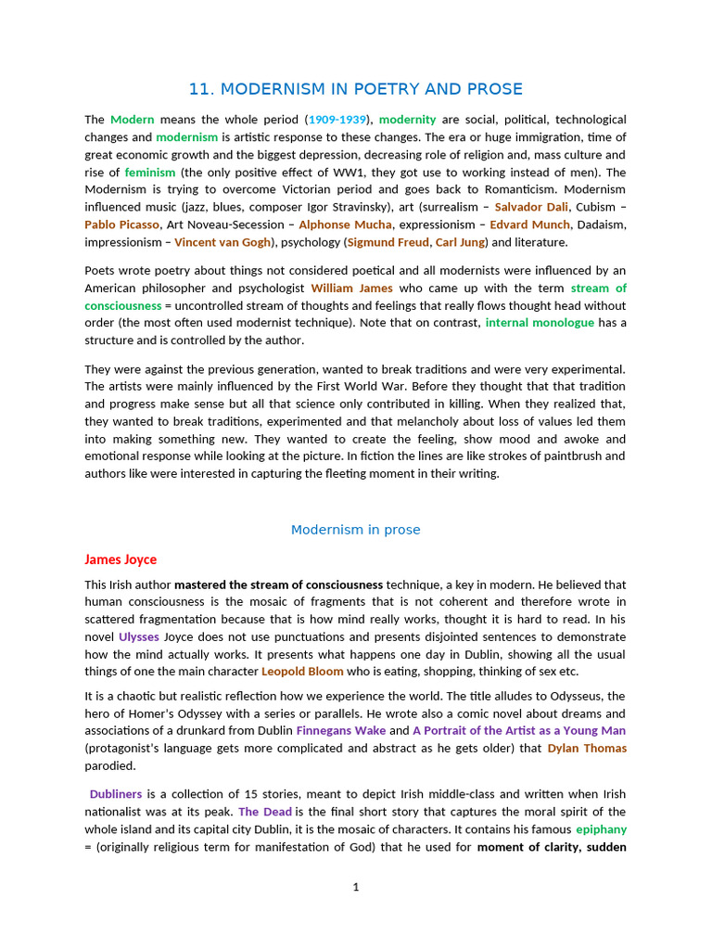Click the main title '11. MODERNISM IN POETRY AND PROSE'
point(356,89)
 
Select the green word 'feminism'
point(149,173)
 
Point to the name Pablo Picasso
point(121,225)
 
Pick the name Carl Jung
point(461,242)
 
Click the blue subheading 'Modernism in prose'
point(356,530)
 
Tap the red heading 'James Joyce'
point(121,559)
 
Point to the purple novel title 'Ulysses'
point(139,636)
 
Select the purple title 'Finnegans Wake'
point(340,731)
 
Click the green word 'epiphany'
point(601,829)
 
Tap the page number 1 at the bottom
point(356,888)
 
